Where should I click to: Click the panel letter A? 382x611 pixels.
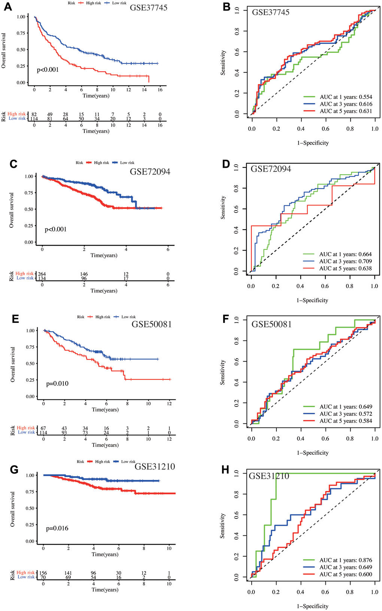point(8,7)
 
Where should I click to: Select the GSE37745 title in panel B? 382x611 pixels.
point(270,12)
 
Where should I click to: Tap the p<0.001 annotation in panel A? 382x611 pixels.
point(48,70)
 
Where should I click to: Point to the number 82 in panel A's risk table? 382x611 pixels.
point(34,114)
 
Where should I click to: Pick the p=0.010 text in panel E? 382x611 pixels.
point(57,384)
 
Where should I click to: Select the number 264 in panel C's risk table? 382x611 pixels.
point(42,274)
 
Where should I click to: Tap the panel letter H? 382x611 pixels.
point(225,470)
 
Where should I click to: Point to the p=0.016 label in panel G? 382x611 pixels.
point(57,528)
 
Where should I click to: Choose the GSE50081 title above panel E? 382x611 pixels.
point(151,324)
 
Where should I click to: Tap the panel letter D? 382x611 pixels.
point(225,164)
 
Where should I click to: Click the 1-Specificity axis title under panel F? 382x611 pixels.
point(312,453)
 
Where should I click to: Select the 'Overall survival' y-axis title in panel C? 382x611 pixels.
point(12,210)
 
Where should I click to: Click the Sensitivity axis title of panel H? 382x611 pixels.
point(222,526)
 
